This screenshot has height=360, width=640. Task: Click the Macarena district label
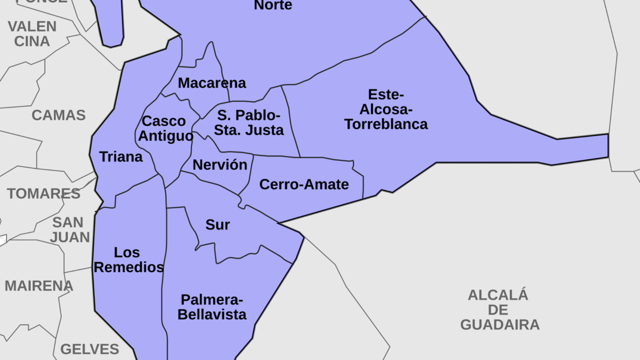212,83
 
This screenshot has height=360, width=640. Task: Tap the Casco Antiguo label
165,128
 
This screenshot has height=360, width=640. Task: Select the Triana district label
121,157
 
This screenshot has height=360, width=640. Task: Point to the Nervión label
220,165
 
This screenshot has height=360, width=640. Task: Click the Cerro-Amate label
304,184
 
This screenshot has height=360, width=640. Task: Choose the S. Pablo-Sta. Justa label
249,123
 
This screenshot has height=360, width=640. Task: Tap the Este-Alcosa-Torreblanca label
386,109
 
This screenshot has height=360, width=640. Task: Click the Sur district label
217,224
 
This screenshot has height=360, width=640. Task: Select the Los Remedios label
128,260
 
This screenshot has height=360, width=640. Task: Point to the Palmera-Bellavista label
212,307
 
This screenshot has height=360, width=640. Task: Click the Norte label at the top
273,5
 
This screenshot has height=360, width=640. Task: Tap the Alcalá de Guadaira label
499,310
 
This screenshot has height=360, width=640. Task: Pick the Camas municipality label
58,115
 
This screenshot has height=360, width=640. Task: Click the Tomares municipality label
43,194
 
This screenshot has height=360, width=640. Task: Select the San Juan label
69,230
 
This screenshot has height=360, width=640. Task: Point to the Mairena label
38,286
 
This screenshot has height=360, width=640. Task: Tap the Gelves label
89,349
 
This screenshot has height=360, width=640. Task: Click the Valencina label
32,33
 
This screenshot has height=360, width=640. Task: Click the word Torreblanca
386,124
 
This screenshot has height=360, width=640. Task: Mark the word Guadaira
499,324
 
